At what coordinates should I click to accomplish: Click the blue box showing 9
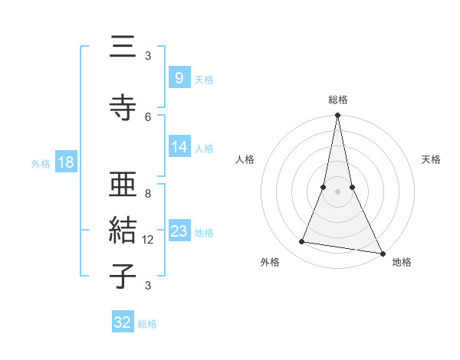coord(179,77)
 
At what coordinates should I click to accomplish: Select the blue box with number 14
coord(179,147)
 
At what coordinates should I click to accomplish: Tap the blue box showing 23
coord(179,231)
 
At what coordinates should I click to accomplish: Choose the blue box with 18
coord(65,162)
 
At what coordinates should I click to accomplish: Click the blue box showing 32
coord(123,322)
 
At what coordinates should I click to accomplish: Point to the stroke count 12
coord(148,240)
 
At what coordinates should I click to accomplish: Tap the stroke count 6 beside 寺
coord(148,116)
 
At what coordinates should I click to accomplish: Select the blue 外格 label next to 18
coord(40,163)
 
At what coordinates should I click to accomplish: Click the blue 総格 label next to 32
coord(147,323)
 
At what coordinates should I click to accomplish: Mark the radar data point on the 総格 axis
coord(337,116)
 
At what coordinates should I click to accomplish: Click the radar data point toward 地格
coord(382,254)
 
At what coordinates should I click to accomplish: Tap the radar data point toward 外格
coord(301,242)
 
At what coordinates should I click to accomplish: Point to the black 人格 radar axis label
coord(245,159)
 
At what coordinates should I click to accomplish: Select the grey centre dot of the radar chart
coord(337,191)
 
